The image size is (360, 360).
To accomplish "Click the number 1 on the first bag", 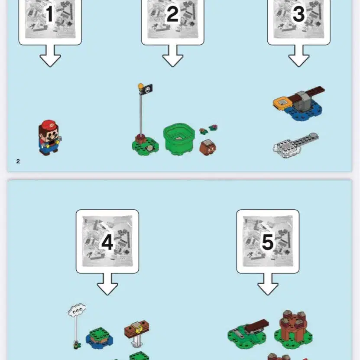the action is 49,14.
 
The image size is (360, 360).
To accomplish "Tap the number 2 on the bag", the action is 172,14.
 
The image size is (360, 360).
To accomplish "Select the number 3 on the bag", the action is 298,14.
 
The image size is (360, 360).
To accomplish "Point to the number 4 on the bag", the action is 107,242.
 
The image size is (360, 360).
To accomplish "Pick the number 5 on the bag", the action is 268,242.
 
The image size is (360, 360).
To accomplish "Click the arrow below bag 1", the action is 50,55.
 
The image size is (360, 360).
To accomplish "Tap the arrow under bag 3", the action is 298,55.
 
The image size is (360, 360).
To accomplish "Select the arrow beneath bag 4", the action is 107,284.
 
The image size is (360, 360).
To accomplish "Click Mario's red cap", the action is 49,125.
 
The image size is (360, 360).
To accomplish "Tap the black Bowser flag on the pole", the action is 146,89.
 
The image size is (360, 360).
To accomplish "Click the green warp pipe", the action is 179,139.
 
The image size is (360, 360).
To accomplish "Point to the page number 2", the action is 18,161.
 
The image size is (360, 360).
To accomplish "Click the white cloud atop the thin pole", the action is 77,310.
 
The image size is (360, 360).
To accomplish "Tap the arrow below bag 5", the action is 268,284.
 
